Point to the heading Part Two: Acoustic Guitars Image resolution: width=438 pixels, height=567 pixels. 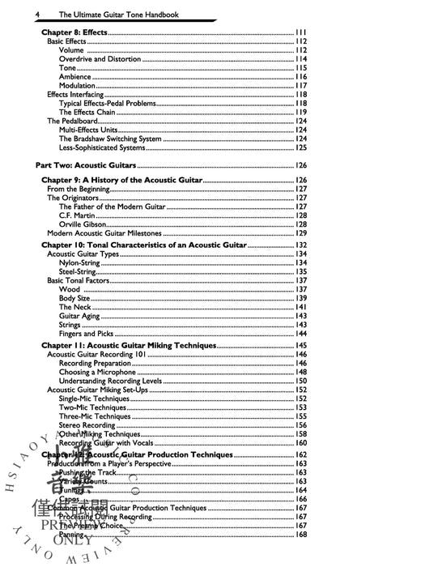click(87, 164)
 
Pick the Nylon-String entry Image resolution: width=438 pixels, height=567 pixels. click(82, 263)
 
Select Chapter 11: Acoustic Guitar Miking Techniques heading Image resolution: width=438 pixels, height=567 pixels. click(129, 345)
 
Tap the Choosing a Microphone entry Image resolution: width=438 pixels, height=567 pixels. click(102, 372)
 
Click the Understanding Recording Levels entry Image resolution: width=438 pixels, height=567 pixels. click(117, 381)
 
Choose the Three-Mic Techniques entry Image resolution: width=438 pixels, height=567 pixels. click(94, 416)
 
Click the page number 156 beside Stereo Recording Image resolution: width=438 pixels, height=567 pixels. click(300, 425)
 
